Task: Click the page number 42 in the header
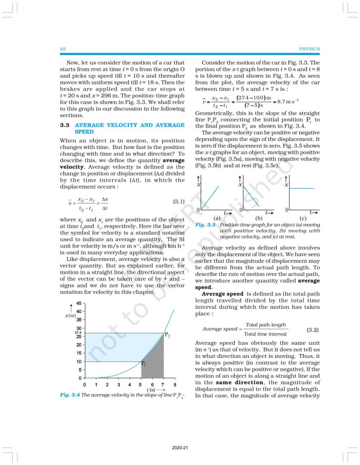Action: click(x=63, y=49)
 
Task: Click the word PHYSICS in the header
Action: click(x=310, y=49)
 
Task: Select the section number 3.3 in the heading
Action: click(x=64, y=125)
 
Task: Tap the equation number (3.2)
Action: click(x=312, y=329)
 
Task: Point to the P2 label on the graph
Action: click(x=168, y=335)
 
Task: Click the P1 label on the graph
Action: click(x=143, y=363)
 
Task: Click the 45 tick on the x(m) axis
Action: click(x=79, y=303)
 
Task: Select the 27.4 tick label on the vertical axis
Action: click(x=78, y=333)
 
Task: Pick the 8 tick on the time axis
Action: click(x=175, y=385)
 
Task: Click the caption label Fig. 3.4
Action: click(x=69, y=395)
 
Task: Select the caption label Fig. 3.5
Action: click(x=205, y=225)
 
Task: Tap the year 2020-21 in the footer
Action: click(x=180, y=448)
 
